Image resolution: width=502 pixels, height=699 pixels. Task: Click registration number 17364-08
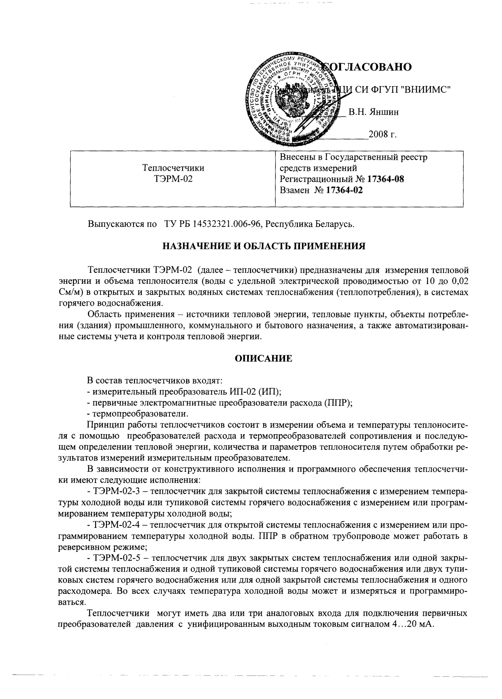(386, 179)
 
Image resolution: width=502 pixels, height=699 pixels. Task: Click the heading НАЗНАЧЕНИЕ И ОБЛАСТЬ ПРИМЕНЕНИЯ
(264, 246)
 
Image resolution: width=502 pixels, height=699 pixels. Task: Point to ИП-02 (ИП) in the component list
(255, 392)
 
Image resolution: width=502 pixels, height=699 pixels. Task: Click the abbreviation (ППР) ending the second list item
(338, 403)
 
